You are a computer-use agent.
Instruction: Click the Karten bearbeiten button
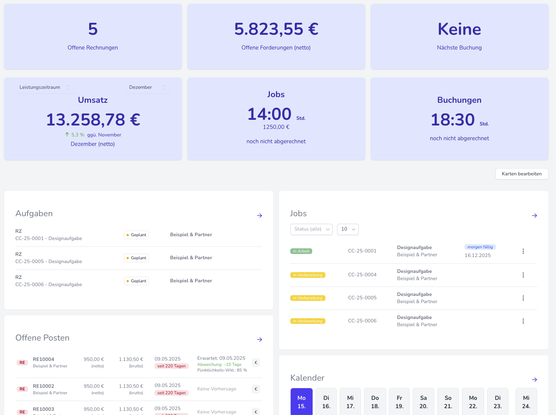pyautogui.click(x=522, y=174)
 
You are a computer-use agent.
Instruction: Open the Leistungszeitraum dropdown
pyautogui.click(x=45, y=87)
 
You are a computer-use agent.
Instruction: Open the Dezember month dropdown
pyautogui.click(x=147, y=87)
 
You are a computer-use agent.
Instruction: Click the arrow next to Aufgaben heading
pyautogui.click(x=260, y=215)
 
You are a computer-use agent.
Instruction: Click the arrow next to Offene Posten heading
pyautogui.click(x=260, y=339)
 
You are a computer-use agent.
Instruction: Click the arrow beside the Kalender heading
pyautogui.click(x=534, y=379)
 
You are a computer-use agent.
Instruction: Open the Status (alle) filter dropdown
pyautogui.click(x=311, y=229)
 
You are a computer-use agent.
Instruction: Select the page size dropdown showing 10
pyautogui.click(x=348, y=229)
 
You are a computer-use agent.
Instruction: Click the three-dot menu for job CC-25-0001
pyautogui.click(x=523, y=251)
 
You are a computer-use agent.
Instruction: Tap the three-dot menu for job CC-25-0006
pyautogui.click(x=523, y=321)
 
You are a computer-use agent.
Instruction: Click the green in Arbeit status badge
pyautogui.click(x=301, y=251)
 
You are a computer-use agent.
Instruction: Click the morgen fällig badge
pyautogui.click(x=480, y=247)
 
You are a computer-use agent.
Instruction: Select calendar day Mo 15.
pyautogui.click(x=302, y=402)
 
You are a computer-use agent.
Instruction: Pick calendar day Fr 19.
pyautogui.click(x=399, y=402)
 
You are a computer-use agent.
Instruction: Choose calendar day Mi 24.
pyautogui.click(x=526, y=402)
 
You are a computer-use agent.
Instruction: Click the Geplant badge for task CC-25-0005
pyautogui.click(x=136, y=258)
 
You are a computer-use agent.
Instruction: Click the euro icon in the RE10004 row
pyautogui.click(x=256, y=363)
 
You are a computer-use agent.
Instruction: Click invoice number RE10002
pyautogui.click(x=43, y=386)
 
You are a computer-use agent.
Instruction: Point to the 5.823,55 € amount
pyautogui.click(x=276, y=29)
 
